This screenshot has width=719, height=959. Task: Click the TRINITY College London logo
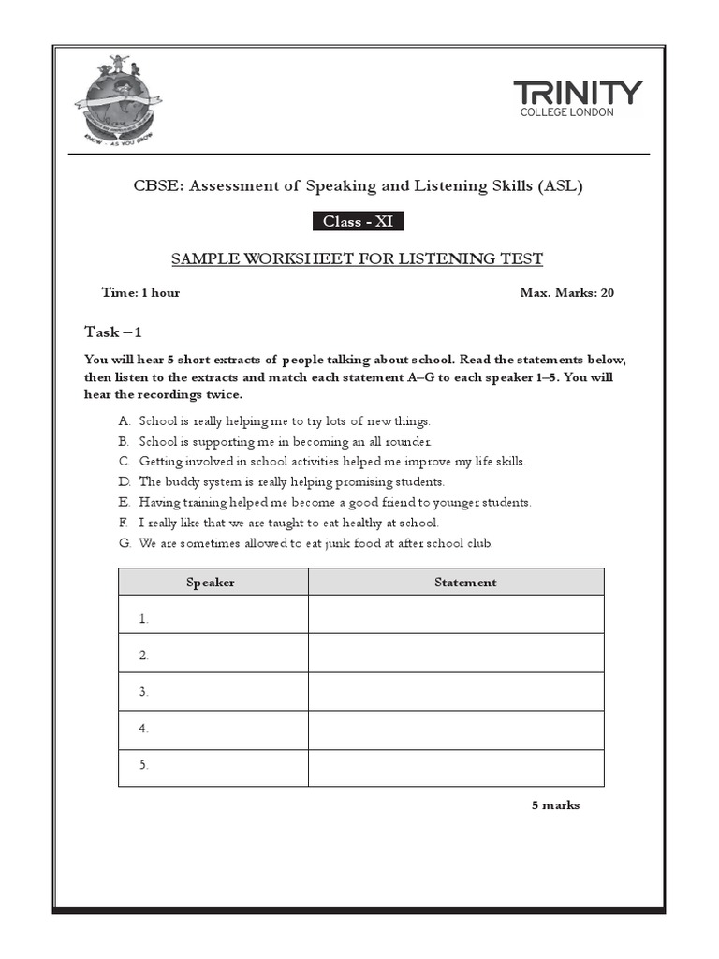tap(578, 98)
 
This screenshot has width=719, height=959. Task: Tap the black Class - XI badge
tap(358, 221)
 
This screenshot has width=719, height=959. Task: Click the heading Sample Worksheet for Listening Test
tap(359, 258)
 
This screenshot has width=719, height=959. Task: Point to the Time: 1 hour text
tap(140, 292)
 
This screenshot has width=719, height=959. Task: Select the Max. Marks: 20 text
tap(566, 292)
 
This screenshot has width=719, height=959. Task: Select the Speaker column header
tap(211, 583)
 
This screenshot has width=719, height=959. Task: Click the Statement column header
tap(465, 583)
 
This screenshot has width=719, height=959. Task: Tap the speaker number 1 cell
tap(213, 618)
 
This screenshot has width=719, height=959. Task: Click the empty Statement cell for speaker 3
tap(456, 692)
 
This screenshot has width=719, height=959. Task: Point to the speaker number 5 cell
tap(213, 765)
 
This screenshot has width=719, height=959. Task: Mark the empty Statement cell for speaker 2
tap(456, 656)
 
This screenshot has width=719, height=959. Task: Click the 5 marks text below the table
tap(555, 805)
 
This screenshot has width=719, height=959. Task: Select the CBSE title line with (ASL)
tap(359, 185)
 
